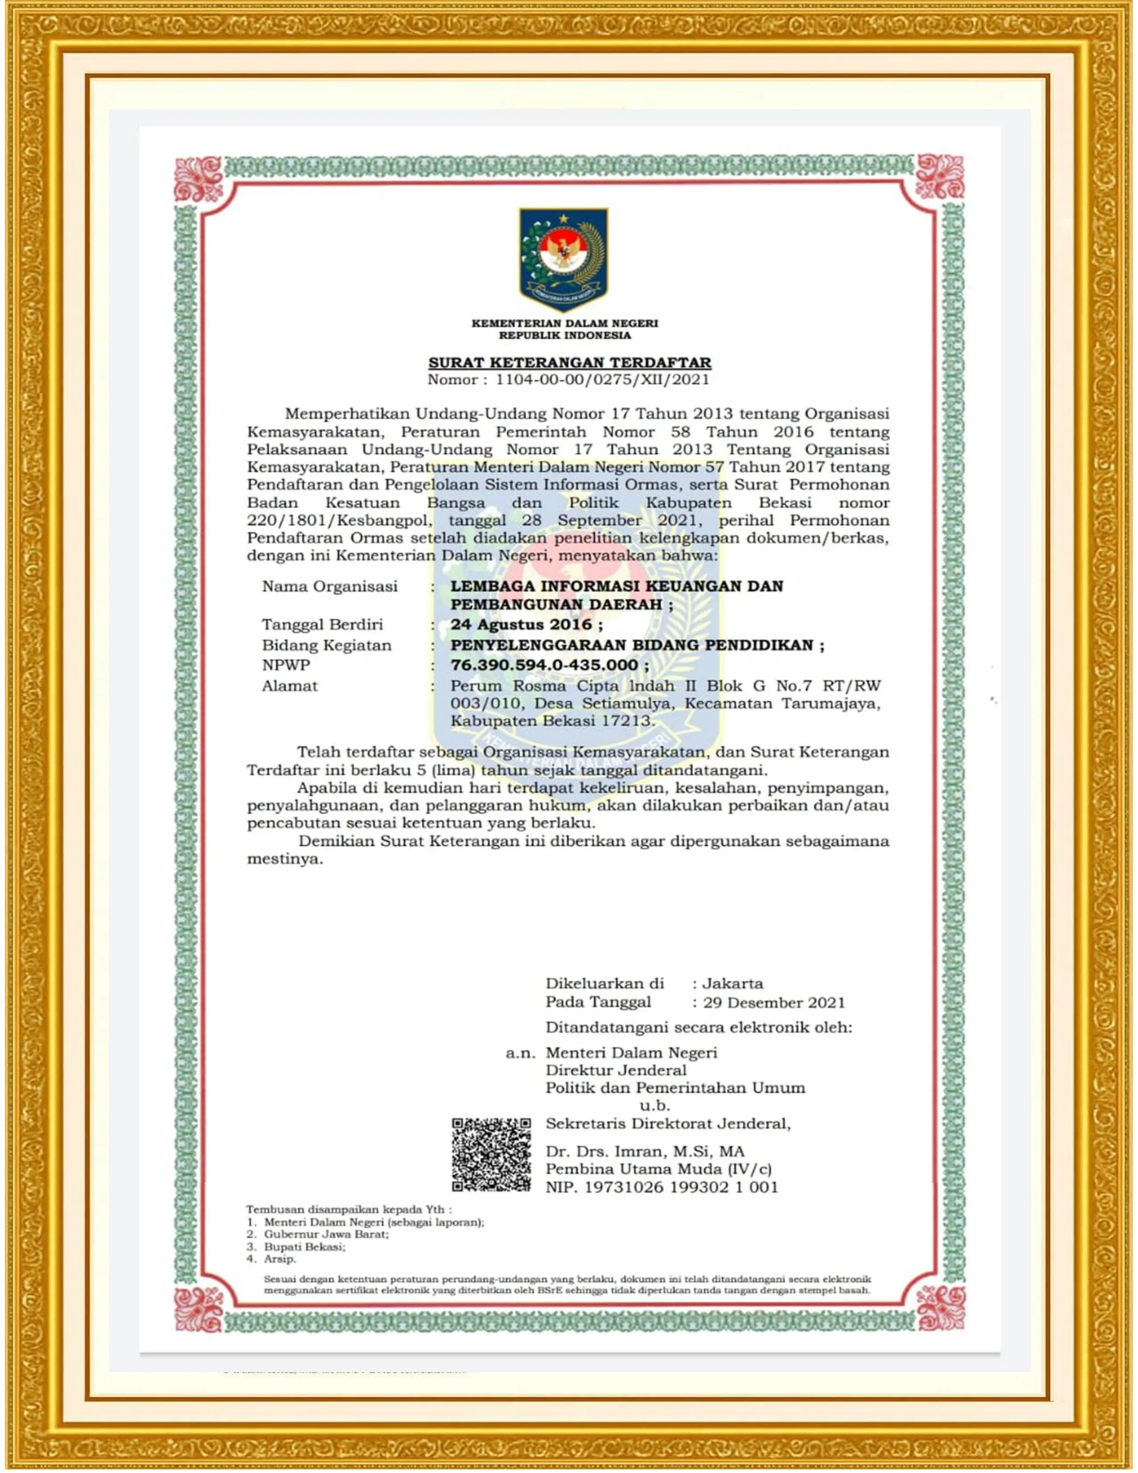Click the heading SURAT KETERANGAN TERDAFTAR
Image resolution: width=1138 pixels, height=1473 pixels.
coord(570,363)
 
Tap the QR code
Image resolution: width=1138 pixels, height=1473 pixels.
coord(491,1155)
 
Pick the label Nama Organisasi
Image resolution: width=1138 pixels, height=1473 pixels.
coord(330,586)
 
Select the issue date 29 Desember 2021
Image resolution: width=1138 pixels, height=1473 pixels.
coord(773,1003)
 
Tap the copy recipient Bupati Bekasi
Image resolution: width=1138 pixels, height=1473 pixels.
coord(305,1247)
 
